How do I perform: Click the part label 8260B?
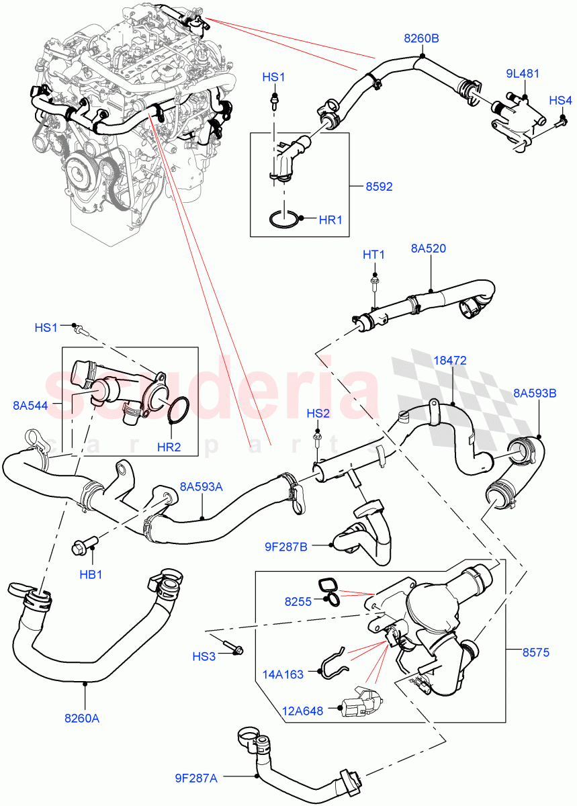421,39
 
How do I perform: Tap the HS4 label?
560,100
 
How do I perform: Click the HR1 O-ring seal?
285,219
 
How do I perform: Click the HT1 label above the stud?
374,255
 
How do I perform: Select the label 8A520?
429,249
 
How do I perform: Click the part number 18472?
449,361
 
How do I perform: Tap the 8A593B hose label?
535,393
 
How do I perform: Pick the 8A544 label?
29,405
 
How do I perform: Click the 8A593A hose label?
200,488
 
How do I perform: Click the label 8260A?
82,718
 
